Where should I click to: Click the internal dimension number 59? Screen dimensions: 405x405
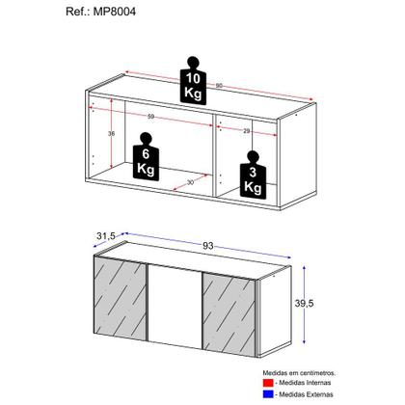pyautogui.click(x=151, y=119)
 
